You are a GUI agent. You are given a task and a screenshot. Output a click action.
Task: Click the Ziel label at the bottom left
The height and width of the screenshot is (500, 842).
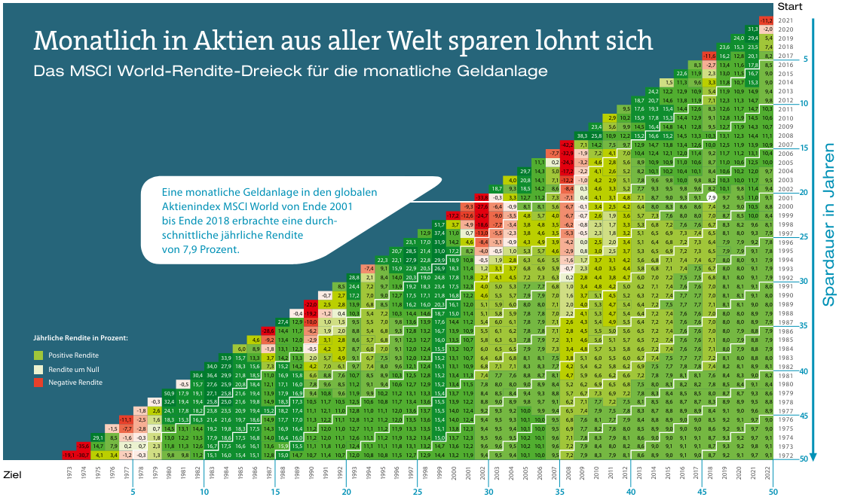[13, 476]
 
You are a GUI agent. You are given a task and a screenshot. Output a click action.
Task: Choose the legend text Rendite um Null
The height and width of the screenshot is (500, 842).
[75, 369]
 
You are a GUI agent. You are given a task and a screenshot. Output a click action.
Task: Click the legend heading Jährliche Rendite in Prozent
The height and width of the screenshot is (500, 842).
[81, 338]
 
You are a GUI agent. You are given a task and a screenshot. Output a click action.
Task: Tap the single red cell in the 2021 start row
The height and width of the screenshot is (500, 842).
[767, 20]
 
